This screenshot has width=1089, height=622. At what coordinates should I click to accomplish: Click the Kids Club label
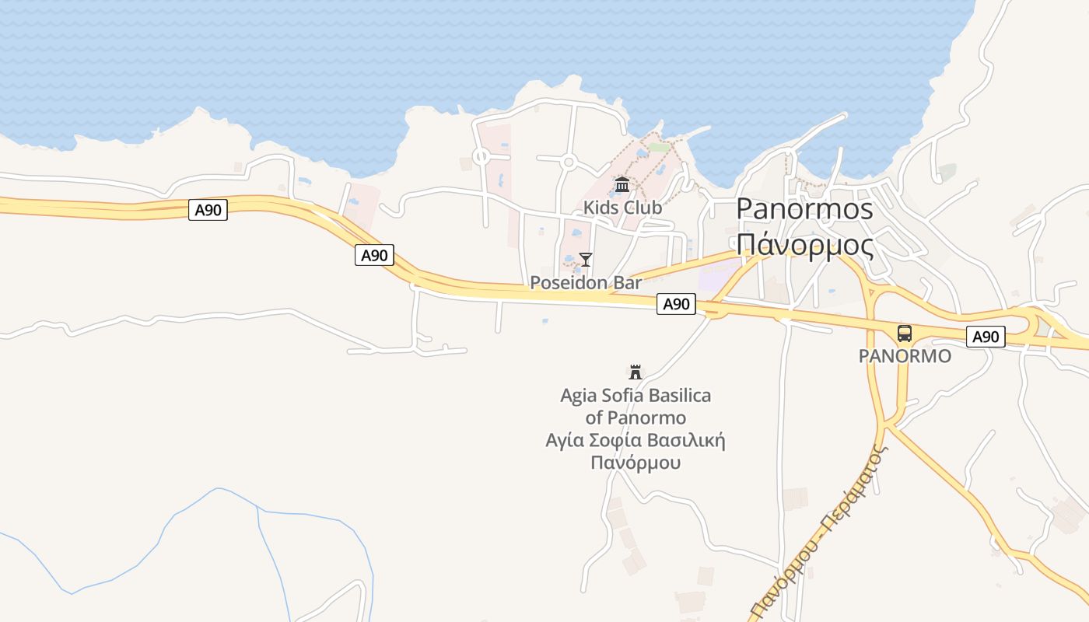click(622, 208)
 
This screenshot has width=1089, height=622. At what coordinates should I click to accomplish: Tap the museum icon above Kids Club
click(622, 185)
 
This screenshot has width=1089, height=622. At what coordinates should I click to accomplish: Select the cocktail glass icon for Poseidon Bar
click(586, 259)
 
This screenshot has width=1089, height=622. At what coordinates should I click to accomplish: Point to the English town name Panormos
click(804, 208)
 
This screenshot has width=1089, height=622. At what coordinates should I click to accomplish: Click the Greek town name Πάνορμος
click(804, 244)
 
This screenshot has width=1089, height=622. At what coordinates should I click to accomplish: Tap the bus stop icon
click(904, 334)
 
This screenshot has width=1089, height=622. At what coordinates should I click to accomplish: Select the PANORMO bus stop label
click(904, 356)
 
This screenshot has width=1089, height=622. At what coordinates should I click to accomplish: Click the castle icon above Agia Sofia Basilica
click(636, 372)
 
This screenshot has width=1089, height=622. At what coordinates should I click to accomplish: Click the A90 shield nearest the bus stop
click(986, 337)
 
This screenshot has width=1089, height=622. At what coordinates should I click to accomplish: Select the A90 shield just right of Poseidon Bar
click(676, 304)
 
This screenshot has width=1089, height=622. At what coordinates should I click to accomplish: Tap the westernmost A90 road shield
click(208, 210)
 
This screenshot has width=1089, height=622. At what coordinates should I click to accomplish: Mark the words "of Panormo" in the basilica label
click(636, 418)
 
